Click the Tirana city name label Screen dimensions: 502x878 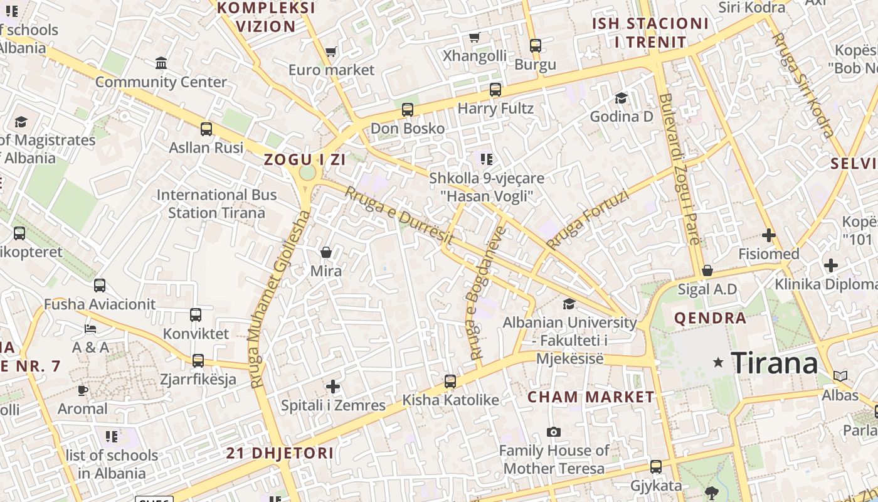click(775, 363)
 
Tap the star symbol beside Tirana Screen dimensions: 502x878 click(719, 363)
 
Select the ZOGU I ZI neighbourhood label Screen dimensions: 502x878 click(305, 159)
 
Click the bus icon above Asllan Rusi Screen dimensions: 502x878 click(206, 129)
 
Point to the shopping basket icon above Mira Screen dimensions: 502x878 click(326, 252)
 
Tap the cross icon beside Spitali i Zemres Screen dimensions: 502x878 click(333, 387)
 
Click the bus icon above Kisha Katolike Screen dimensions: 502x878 click(450, 381)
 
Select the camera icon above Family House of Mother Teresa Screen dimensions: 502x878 click(553, 432)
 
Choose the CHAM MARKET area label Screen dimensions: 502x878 click(591, 397)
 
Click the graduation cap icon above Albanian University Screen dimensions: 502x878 click(569, 304)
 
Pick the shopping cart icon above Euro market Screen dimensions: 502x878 click(331, 51)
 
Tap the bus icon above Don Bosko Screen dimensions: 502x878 click(408, 110)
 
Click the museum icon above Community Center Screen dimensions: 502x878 click(161, 63)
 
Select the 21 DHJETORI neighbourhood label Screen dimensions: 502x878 click(280, 453)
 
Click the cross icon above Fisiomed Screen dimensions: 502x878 click(768, 235)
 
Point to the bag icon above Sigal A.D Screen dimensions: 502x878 click(707, 270)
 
